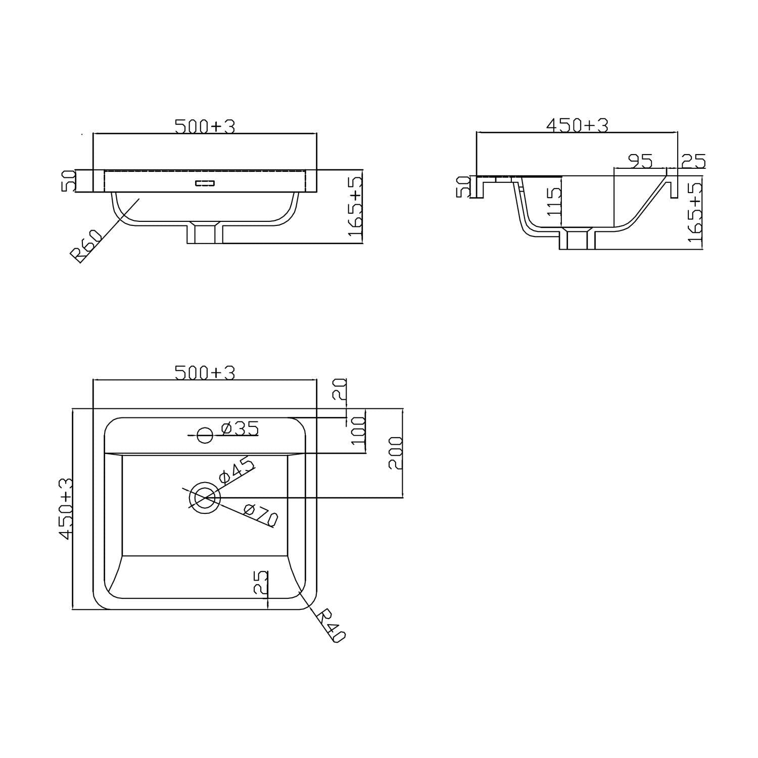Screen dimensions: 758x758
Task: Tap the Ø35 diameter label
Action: [x=240, y=429]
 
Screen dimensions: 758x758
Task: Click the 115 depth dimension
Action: [x=554, y=202]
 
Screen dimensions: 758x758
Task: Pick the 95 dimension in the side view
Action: [x=640, y=161]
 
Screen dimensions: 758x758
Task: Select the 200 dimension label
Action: [x=396, y=453]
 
